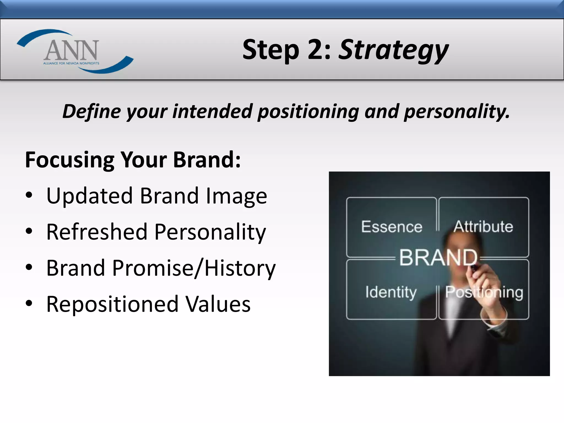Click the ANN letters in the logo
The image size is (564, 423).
[71, 50]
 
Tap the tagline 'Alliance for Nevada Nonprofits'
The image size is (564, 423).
[71, 63]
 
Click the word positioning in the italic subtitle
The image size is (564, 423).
[308, 112]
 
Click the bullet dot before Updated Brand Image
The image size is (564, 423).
[29, 196]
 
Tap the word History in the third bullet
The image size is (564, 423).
[240, 268]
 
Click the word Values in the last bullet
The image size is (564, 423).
[218, 304]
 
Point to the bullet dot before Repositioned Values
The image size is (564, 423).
[29, 304]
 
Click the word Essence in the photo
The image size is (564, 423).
[391, 227]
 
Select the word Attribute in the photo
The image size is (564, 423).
[483, 227]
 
